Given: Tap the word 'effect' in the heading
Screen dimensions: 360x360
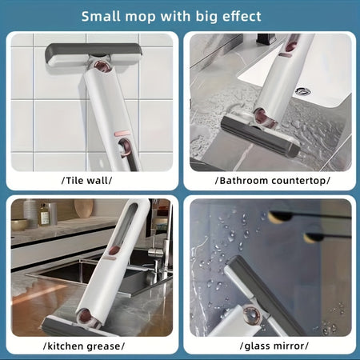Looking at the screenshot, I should click(x=237, y=16).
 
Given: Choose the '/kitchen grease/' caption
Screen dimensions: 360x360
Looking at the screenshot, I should click(x=90, y=346).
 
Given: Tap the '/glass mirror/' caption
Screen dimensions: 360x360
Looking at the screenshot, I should click(x=271, y=346).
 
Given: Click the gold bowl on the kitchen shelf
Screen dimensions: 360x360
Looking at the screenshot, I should click(x=19, y=224).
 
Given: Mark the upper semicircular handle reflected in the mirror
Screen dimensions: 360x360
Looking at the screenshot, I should click(x=280, y=214).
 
